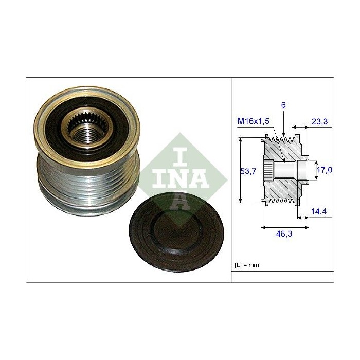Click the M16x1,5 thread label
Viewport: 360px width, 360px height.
coord(254,121)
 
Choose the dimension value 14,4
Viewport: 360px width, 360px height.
coord(319,211)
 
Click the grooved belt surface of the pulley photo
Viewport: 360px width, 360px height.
coord(67,186)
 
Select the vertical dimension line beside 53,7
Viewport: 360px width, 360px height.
coord(241,170)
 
